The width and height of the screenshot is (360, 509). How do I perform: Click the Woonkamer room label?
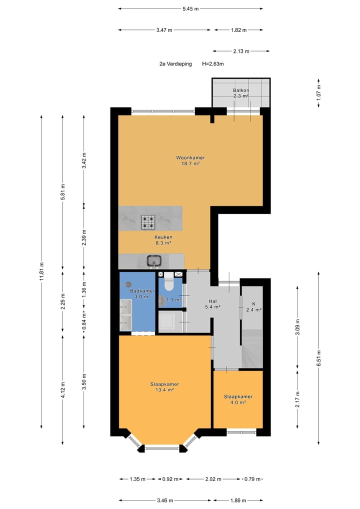[190, 157]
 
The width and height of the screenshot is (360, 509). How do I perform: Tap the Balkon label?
[240, 90]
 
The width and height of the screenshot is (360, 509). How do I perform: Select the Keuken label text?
[163, 237]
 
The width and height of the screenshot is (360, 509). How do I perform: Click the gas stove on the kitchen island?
[148, 220]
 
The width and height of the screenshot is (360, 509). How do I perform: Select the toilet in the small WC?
[168, 283]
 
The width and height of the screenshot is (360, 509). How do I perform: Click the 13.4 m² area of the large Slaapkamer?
[164, 390]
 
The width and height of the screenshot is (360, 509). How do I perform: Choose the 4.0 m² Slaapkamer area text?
[237, 402]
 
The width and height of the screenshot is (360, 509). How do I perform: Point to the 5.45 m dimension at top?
[190, 8]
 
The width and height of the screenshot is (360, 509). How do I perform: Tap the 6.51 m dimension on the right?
[318, 357]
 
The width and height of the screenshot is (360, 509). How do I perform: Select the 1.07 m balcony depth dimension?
[318, 91]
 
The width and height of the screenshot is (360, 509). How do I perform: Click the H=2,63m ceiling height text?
[212, 64]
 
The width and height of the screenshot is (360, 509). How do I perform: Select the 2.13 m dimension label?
[241, 51]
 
